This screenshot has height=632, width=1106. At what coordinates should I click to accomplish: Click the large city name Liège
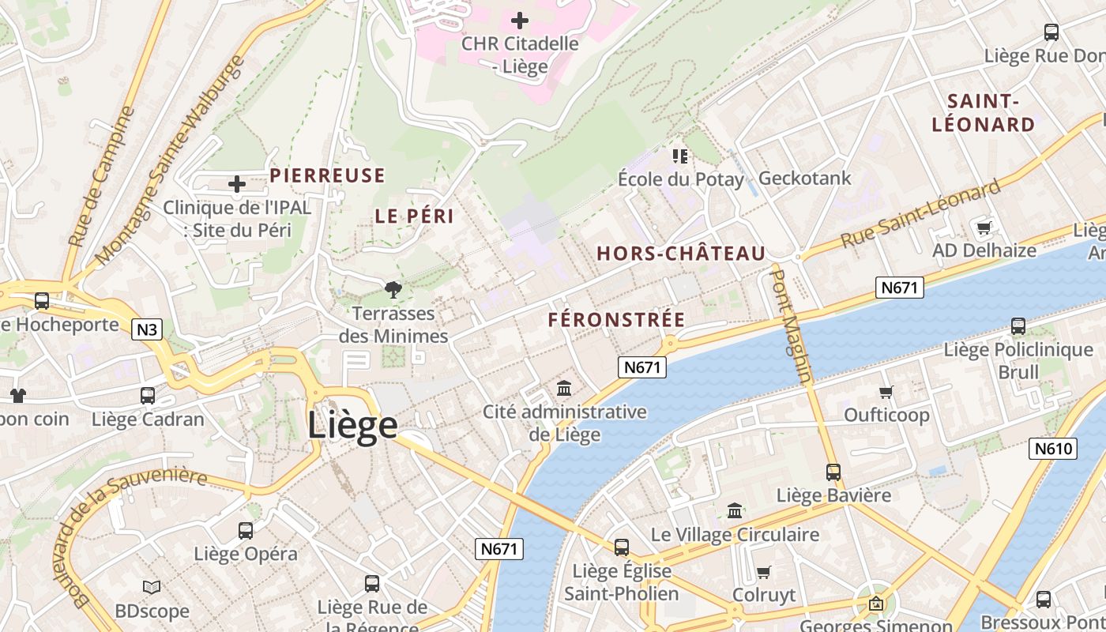coord(352,426)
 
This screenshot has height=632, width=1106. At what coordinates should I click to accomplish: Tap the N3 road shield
coord(147,329)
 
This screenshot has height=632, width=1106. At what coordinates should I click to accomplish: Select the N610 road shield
coord(1054,449)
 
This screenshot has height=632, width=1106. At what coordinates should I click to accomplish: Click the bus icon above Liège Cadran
coord(148,395)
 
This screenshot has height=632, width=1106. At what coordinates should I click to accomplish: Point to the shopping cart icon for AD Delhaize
coord(984,228)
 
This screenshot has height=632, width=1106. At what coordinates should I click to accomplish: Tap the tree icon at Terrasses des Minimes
coord(393,290)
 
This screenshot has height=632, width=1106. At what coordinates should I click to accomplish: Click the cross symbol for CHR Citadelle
coord(520,20)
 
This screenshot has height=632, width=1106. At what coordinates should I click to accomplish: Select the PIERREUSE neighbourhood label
coord(327,175)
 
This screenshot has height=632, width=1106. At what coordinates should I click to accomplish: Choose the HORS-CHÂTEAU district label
coord(681,254)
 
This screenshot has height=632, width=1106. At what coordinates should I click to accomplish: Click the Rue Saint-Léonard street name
coord(920,213)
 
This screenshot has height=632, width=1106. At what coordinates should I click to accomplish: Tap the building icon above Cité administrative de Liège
coord(564,388)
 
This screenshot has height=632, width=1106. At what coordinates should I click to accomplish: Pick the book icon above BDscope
coord(152,587)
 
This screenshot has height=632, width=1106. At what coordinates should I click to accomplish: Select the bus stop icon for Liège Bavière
coord(833,472)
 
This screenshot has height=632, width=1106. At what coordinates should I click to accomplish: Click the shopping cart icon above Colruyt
coord(763,572)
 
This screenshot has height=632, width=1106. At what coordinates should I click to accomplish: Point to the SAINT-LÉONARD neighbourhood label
coord(983,113)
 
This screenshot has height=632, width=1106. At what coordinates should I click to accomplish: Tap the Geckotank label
coord(804,179)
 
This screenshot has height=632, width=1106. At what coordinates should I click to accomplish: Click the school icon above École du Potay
coord(679,156)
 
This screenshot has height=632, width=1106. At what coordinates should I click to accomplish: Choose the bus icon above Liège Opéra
coord(246,530)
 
